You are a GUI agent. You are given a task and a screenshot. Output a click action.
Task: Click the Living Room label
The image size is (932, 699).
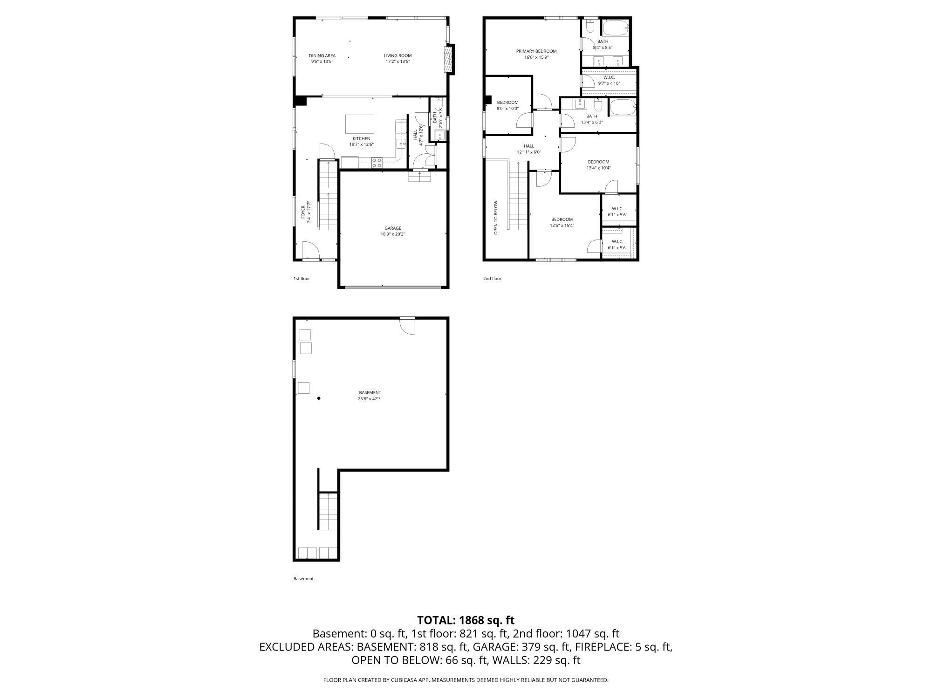coord(397,55)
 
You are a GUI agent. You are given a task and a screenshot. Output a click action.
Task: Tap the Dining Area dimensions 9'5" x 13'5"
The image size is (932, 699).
coord(322,62)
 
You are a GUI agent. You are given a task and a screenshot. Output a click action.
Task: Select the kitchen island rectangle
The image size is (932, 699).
coord(359,124)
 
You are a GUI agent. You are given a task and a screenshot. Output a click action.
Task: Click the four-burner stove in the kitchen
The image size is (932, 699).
coord(377,163)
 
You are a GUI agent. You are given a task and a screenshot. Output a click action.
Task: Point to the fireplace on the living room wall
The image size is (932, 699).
coord(449,59)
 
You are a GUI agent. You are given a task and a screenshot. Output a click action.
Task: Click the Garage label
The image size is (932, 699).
coord(392,228)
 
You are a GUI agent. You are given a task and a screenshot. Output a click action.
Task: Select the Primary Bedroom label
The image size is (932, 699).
coord(536,51)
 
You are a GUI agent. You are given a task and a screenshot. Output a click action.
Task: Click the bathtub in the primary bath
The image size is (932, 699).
coord(615,28)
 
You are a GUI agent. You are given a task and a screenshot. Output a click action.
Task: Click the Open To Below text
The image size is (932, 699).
coord(495,218)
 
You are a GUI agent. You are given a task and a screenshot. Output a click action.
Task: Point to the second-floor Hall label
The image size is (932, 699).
coord(528,146)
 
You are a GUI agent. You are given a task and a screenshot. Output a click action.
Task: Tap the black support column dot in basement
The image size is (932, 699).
coord(319,398)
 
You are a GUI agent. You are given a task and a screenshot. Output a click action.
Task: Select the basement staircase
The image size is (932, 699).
coord(329,511)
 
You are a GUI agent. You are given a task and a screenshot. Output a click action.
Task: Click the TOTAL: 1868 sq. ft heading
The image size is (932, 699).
coord(466,620)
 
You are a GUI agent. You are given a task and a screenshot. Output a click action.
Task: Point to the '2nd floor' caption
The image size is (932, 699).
coord(492,279)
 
